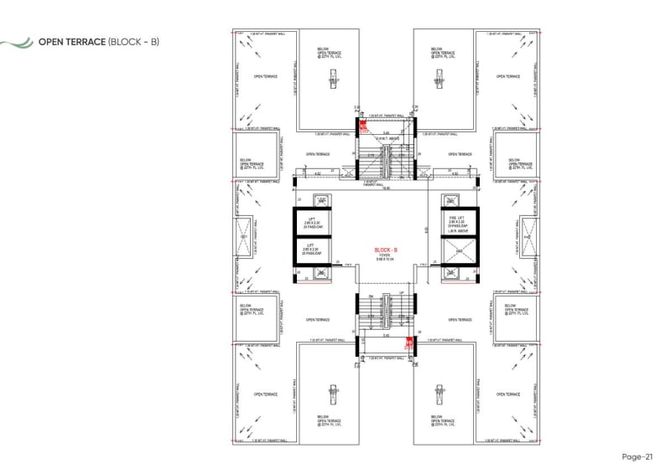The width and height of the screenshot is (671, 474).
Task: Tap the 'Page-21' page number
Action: point(637,456)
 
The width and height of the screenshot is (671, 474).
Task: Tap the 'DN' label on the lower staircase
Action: point(369,296)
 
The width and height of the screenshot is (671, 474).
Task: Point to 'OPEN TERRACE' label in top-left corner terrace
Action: point(265,75)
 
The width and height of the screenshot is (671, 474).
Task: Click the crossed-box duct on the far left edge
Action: point(246,237)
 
